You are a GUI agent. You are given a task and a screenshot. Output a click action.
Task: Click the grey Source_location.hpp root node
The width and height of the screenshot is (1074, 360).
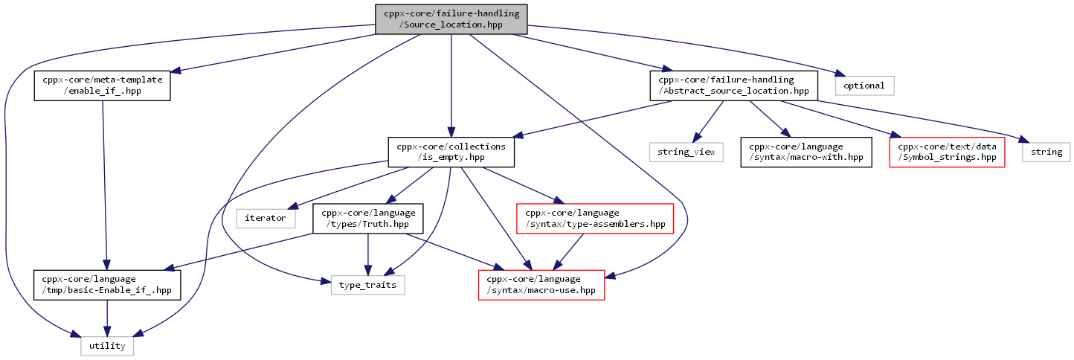(x=451, y=19)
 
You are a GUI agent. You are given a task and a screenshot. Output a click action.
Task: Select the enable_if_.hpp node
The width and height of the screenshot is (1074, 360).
(x=102, y=86)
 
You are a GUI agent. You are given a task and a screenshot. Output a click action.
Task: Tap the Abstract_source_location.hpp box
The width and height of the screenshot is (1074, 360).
(x=733, y=86)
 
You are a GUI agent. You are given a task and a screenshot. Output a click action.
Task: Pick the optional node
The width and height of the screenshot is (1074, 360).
(x=864, y=86)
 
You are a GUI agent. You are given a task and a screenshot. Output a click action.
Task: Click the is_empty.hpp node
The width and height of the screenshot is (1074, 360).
(x=451, y=152)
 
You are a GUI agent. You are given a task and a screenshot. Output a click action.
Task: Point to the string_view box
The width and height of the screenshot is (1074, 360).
(x=686, y=152)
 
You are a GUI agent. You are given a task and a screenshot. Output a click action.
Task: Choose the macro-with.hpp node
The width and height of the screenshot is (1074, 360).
(x=806, y=152)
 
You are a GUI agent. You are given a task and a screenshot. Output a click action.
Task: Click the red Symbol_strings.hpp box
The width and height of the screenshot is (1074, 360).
(x=947, y=152)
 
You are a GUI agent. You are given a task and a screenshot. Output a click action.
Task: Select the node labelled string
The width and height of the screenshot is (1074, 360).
(x=1046, y=152)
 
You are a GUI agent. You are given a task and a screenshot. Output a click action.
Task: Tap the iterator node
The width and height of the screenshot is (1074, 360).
(x=266, y=219)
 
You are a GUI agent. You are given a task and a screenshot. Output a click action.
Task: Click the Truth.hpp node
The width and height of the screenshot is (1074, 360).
(x=367, y=219)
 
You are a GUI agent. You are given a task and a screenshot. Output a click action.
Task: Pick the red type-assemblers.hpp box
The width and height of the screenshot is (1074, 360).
(x=595, y=219)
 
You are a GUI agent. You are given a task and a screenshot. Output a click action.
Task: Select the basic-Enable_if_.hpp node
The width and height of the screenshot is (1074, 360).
(x=107, y=285)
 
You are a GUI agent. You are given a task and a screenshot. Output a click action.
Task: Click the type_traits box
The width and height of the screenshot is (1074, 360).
(x=367, y=285)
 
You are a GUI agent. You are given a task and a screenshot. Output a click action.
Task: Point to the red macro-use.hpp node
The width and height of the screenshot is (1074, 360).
(x=541, y=285)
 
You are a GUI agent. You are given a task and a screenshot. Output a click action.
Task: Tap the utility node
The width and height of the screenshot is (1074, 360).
(x=107, y=346)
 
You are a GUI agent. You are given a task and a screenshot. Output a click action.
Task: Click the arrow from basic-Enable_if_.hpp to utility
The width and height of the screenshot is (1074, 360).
(x=107, y=318)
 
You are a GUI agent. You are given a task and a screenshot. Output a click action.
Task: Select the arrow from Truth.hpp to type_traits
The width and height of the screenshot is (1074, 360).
(x=367, y=254)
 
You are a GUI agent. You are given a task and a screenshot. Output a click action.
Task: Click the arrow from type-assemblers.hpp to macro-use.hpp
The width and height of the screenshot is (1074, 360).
(x=568, y=252)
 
